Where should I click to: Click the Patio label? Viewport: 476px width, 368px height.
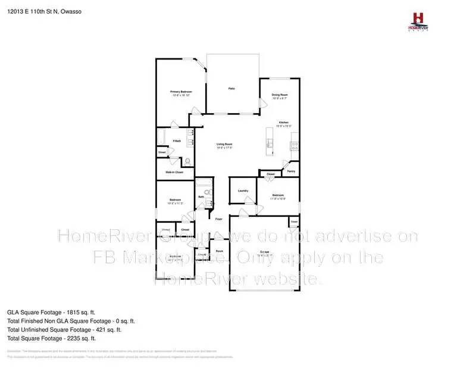point(231,89)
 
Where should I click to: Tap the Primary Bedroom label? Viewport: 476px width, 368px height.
point(181,92)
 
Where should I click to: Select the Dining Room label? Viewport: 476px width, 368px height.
point(280,95)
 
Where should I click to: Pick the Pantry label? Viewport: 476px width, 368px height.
point(291,171)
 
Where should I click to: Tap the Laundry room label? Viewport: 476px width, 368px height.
point(242,191)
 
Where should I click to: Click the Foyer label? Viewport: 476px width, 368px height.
point(219,219)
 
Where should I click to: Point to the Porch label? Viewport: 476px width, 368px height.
point(219,251)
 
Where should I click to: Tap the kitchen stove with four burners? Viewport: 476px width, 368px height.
point(294,145)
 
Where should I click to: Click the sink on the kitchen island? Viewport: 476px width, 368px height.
point(269,142)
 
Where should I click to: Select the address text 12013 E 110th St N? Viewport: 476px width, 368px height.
point(32,10)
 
